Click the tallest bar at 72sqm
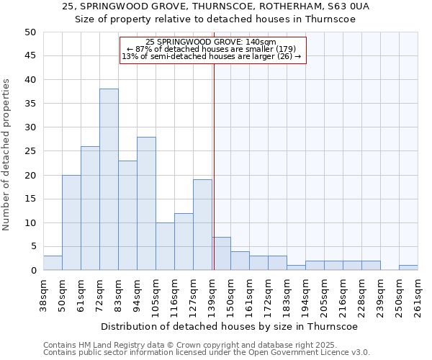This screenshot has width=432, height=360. click(109, 179)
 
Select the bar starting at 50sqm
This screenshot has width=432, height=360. click(71, 222)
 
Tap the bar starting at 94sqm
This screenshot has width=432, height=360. click(146, 203)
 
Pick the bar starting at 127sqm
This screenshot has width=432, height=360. click(202, 225)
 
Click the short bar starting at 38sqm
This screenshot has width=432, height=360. click(53, 263)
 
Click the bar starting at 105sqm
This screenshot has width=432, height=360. click(165, 246)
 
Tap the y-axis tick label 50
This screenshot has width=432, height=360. click(30, 32)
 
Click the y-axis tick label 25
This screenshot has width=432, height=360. click(30, 151)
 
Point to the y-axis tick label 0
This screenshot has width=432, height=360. click(32, 271)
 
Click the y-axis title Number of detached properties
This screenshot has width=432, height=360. click(7, 155)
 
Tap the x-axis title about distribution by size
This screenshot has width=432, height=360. click(229, 326)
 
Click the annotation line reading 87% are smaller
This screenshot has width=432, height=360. click(212, 49)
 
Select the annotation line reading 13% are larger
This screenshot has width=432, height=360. click(212, 56)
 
